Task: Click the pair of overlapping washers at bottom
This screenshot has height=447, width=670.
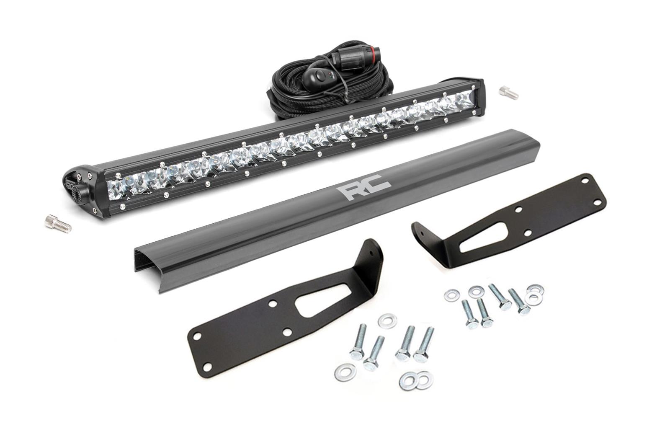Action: pyautogui.click(x=416, y=380)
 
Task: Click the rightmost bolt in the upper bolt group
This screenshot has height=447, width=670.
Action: pyautogui.click(x=518, y=302)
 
